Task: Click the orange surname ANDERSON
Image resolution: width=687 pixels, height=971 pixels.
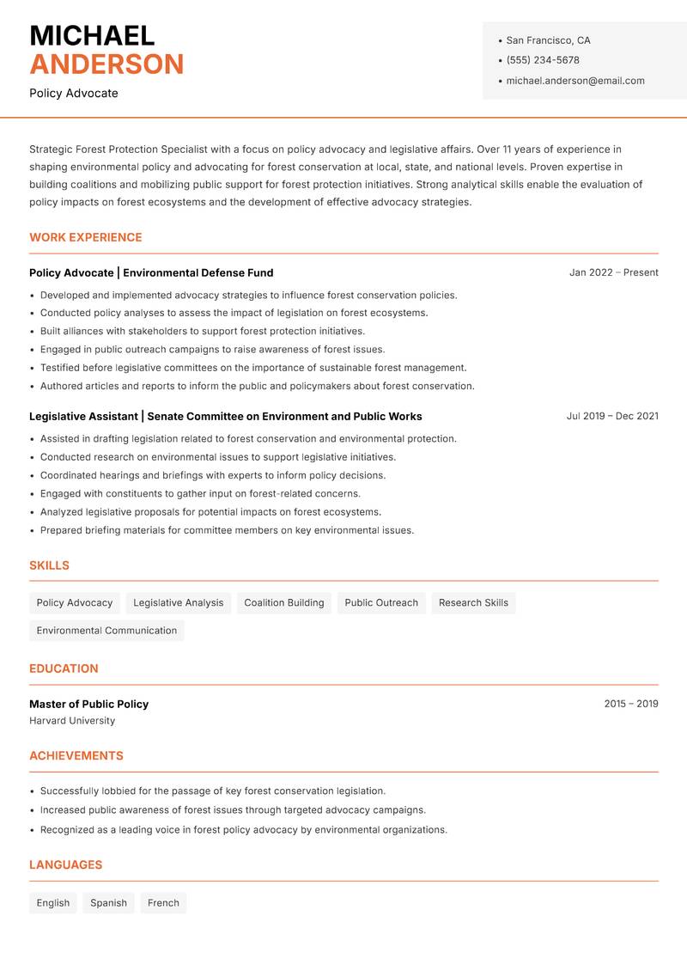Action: tap(106, 64)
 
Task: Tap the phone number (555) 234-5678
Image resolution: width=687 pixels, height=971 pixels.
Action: tap(542, 60)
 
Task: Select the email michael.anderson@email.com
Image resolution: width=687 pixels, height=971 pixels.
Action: tap(575, 81)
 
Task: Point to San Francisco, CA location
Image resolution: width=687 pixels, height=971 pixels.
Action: tap(548, 40)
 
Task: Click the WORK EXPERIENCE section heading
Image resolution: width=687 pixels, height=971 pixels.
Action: tap(86, 237)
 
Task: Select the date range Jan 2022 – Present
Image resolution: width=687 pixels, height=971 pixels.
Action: tap(613, 272)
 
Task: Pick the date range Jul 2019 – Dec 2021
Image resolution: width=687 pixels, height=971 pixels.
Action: tap(612, 416)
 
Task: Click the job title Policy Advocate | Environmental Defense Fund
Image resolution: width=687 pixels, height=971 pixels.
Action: tap(151, 272)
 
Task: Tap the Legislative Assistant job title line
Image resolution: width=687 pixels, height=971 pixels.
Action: tap(225, 416)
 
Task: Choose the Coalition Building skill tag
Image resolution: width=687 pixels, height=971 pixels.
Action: tap(284, 602)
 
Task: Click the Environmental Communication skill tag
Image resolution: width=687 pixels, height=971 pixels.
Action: tap(106, 631)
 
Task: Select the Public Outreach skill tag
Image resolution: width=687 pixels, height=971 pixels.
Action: tap(381, 602)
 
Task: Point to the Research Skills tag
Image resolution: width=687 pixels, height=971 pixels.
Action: tap(473, 602)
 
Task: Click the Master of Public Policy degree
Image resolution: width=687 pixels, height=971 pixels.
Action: tap(88, 704)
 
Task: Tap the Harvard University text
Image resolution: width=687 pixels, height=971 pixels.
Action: tap(72, 721)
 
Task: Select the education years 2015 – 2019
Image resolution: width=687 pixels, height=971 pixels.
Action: tap(630, 704)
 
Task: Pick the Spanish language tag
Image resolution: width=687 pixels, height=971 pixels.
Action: tap(108, 903)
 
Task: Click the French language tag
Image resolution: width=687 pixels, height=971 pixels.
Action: tap(163, 903)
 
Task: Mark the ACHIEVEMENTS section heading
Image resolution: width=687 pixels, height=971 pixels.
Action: tap(76, 756)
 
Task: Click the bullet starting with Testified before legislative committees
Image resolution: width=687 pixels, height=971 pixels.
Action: tap(253, 368)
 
